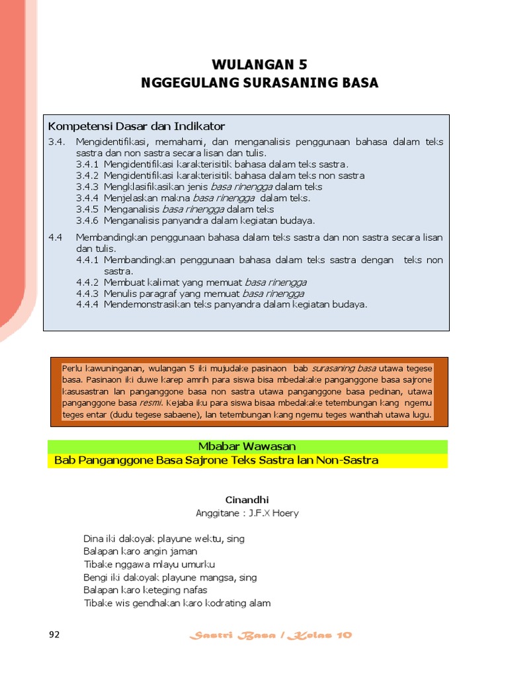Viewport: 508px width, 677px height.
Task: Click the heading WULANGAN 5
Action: click(x=259, y=65)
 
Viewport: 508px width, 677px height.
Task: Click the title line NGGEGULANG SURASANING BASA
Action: click(x=259, y=83)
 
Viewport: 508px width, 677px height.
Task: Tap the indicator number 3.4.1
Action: click(x=87, y=164)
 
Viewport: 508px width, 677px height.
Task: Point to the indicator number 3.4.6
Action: click(x=87, y=220)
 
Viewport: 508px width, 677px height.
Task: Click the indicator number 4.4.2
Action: click(x=87, y=282)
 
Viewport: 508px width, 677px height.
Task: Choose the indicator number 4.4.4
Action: click(x=87, y=304)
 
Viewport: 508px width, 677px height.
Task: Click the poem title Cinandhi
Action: click(x=247, y=500)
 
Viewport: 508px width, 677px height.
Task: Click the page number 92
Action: click(x=54, y=635)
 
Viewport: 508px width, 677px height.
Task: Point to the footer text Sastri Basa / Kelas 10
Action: click(x=271, y=635)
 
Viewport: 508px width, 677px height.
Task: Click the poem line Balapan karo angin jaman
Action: click(x=140, y=551)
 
